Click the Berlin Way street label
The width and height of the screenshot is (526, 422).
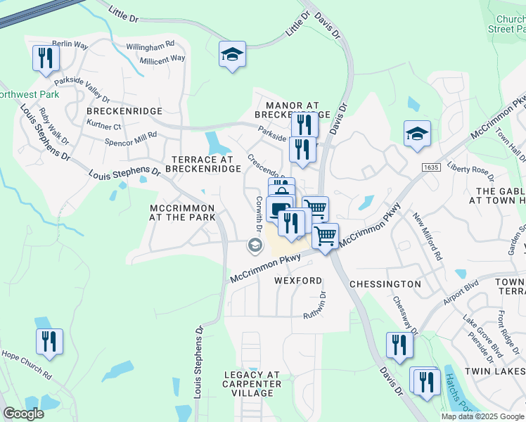pyautogui.click(x=70, y=44)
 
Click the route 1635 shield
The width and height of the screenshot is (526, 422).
pyautogui.click(x=431, y=167)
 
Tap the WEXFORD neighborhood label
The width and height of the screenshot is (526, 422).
pyautogui.click(x=297, y=281)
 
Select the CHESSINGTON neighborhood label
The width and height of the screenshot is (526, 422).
pyautogui.click(x=385, y=284)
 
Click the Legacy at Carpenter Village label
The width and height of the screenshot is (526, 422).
pyautogui.click(x=252, y=384)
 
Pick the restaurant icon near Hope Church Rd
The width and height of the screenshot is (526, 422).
pyautogui.click(x=49, y=343)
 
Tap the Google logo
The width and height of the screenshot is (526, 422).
pyautogui.click(x=23, y=413)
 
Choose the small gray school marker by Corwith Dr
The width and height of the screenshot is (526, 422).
pyautogui.click(x=253, y=245)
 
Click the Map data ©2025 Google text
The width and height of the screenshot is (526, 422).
pyautogui.click(x=482, y=416)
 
